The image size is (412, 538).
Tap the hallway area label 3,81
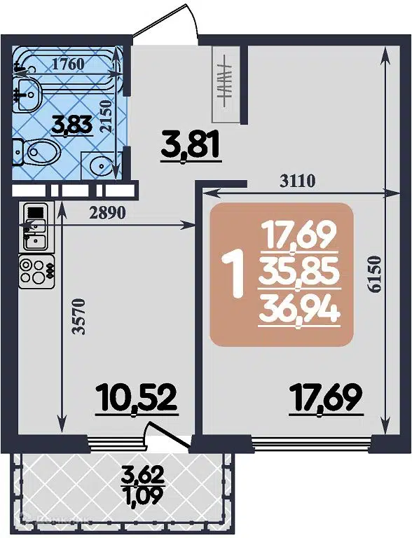point(191,146)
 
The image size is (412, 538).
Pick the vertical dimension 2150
point(106,117)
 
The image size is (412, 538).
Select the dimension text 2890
point(107,214)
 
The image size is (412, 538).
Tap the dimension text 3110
point(298,181)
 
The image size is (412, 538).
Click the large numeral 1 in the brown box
point(233,273)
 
